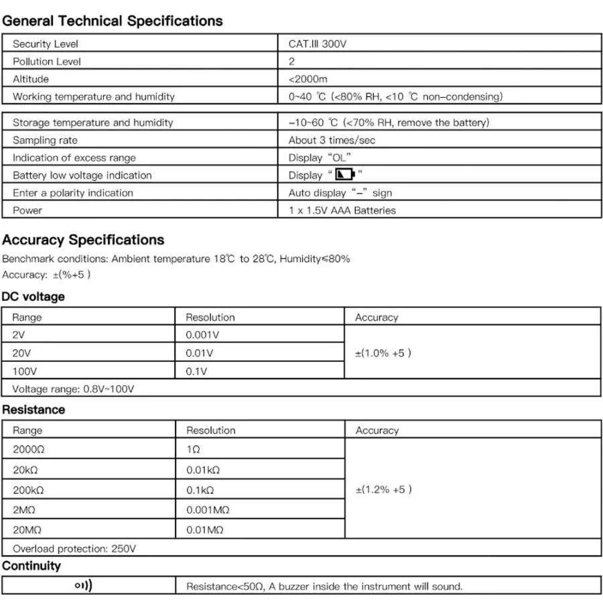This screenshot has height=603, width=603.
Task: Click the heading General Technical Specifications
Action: pyautogui.click(x=113, y=21)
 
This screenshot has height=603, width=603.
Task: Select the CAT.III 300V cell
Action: pyautogui.click(x=318, y=44)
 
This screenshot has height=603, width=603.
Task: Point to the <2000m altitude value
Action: pyautogui.click(x=308, y=79)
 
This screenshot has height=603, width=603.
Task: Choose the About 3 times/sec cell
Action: pyautogui.click(x=332, y=140)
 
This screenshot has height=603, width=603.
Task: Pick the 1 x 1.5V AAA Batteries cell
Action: pyautogui.click(x=342, y=210)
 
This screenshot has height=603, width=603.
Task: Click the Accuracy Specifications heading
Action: pyautogui.click(x=83, y=240)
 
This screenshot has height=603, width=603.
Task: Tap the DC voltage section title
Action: pyautogui.click(x=33, y=296)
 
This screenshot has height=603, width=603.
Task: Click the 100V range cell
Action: pyautogui.click(x=24, y=371)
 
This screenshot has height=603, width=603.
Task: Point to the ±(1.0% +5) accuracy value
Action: pyautogui.click(x=383, y=353)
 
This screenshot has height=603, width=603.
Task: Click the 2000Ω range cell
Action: pyautogui.click(x=27, y=449)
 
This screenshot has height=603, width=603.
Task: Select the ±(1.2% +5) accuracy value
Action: pyautogui.click(x=383, y=490)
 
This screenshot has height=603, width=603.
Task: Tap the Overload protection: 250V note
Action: pyautogui.click(x=74, y=549)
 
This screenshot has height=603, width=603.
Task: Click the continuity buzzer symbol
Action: pyautogui.click(x=83, y=586)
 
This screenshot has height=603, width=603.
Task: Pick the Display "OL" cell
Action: pyautogui.click(x=320, y=158)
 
